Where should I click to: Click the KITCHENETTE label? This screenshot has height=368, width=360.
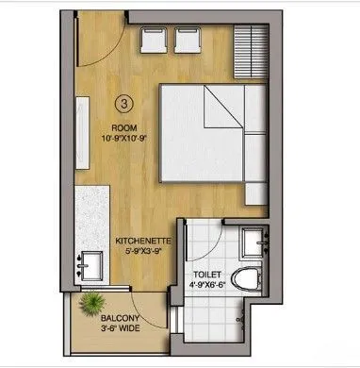point(142,241)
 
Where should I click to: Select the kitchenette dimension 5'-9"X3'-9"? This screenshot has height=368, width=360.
point(142,252)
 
